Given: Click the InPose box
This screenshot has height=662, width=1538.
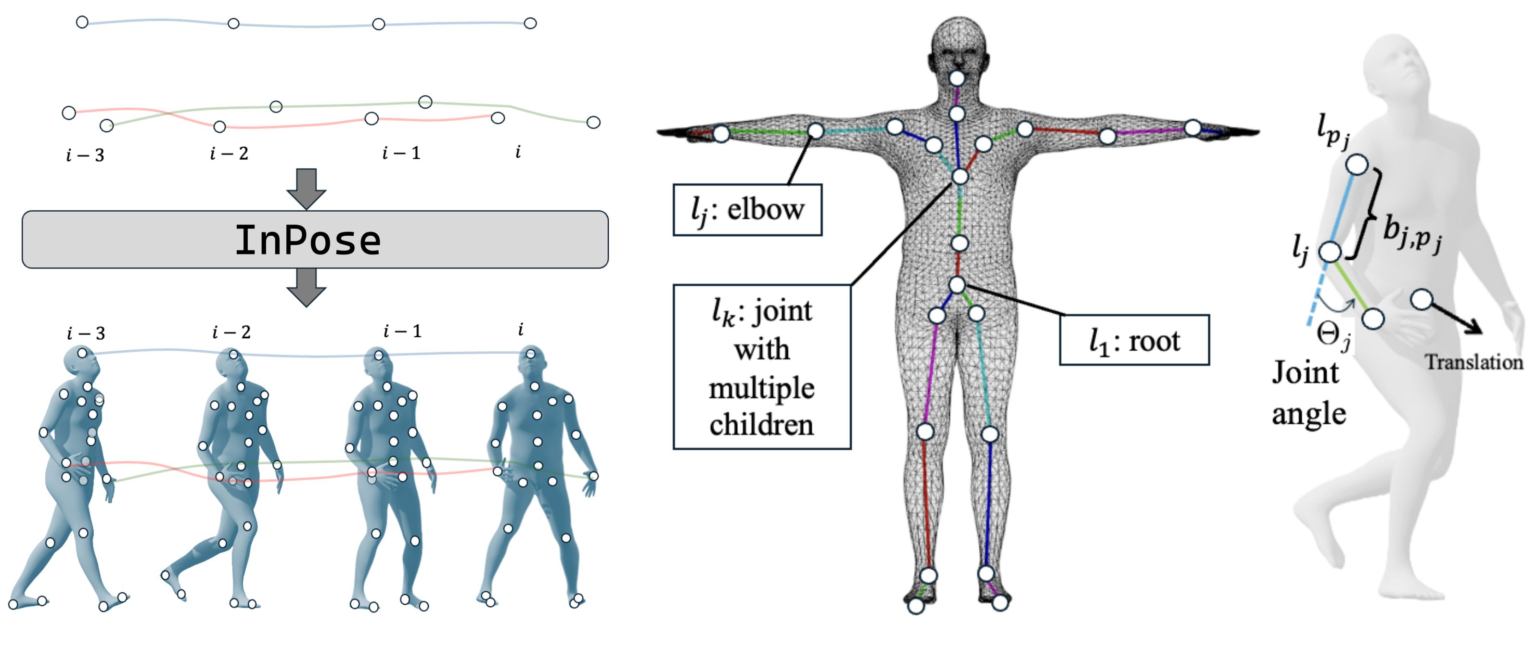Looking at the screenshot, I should click(315, 240).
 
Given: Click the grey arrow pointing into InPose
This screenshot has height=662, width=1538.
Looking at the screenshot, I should click(306, 188).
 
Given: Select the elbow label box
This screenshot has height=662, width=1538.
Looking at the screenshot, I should click(747, 210).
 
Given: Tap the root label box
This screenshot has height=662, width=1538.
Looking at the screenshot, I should click(1134, 340).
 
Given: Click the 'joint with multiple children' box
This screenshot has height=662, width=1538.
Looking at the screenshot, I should click(761, 367).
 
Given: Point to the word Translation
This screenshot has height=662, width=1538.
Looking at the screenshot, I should click(1474, 362).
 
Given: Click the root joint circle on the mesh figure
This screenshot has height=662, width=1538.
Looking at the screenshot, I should click(957, 285).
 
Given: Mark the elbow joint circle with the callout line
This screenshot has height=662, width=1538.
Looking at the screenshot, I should click(816, 131).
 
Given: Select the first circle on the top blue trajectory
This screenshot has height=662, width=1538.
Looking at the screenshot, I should click(82, 22).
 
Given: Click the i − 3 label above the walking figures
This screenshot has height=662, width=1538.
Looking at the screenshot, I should click(86, 333).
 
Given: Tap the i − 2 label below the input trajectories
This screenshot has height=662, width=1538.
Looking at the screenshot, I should click(229, 153).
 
